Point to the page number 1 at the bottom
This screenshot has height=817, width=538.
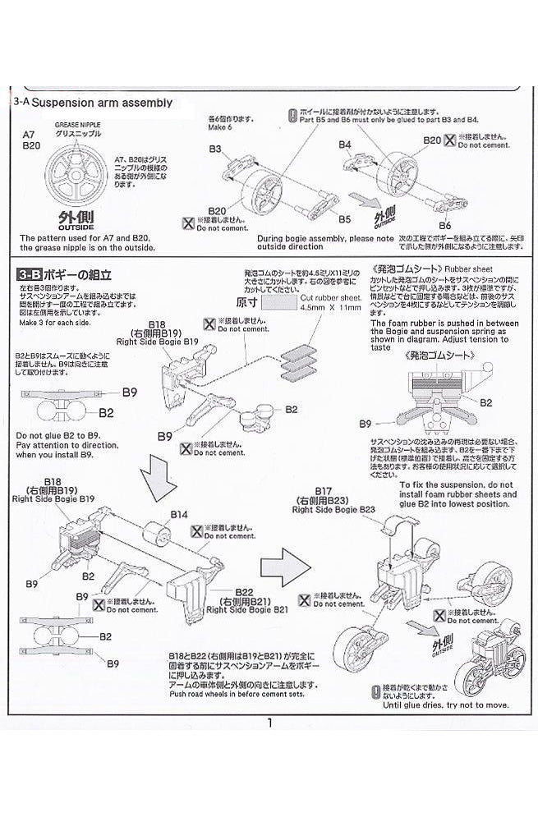coord(269,723)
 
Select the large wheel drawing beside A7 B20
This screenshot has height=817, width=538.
coord(80,170)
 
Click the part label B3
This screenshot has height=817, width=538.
coord(215,149)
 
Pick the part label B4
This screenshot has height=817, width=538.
coord(345,145)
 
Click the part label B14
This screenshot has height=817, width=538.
coord(179,515)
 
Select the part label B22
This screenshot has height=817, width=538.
coord(243,591)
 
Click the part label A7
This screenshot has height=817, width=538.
coord(30,133)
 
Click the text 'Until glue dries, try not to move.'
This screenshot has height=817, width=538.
coord(446,705)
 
